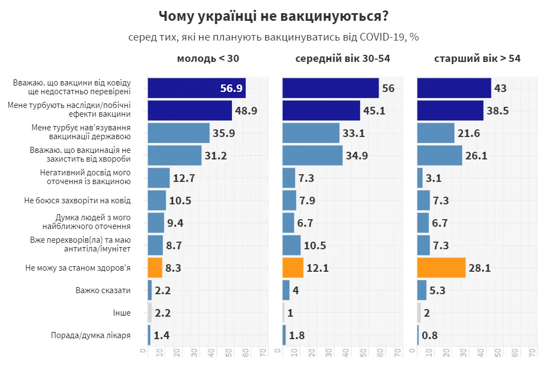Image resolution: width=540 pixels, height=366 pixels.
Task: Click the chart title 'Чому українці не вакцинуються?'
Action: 274,16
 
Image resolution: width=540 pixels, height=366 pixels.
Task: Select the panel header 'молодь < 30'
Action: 208,59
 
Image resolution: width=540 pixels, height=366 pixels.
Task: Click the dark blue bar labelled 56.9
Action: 196,88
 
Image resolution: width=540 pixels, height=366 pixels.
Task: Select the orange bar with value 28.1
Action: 441,268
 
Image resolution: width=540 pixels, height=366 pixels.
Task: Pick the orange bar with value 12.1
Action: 293,268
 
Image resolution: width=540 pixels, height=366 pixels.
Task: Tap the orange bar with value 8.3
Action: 155,268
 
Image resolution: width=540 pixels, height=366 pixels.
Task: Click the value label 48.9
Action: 246,111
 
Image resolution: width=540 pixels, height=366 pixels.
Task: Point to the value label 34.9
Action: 357,156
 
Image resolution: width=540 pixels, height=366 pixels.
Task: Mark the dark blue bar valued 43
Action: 454,88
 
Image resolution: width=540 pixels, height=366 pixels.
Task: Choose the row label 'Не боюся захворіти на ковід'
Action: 77,201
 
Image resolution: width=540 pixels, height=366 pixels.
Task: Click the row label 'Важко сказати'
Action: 103,290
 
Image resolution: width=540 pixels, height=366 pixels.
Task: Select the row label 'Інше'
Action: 122,313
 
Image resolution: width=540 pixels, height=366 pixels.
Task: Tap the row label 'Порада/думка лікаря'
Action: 90,335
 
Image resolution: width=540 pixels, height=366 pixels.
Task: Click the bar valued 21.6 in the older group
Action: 436,133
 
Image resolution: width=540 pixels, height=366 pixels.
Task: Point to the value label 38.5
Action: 498,111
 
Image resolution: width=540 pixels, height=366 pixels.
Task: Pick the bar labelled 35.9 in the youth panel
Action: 178,133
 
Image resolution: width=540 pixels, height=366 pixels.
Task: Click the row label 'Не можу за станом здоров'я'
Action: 78,268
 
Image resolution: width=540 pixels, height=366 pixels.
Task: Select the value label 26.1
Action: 476,156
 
